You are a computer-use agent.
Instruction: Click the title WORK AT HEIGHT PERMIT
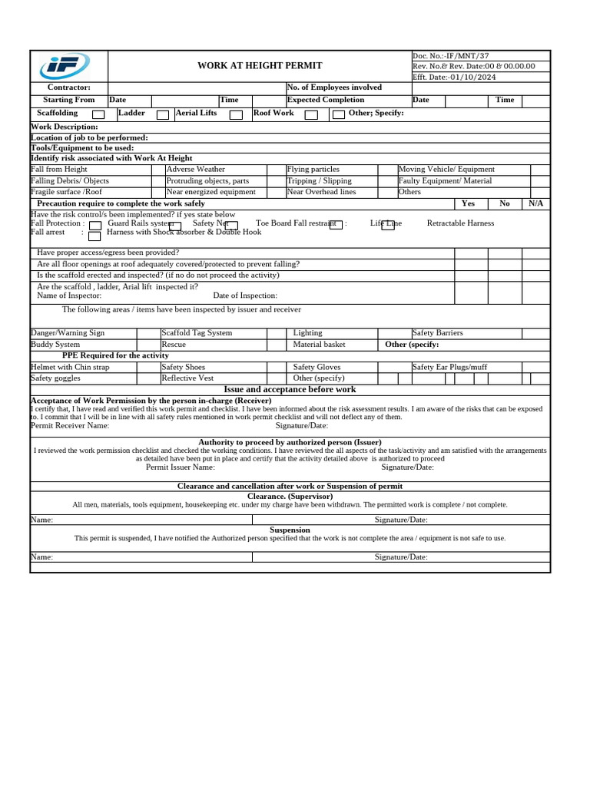[260, 66]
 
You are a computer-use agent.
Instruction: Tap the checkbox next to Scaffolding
[98, 115]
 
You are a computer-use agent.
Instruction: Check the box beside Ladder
[163, 115]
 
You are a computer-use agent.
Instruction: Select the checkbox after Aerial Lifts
[236, 115]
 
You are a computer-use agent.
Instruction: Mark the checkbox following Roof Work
[311, 115]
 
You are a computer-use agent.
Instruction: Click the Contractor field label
[69, 88]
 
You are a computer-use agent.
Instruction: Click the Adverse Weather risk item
[196, 170]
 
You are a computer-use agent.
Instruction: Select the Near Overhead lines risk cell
[321, 193]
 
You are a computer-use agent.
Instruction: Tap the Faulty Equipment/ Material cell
[445, 181]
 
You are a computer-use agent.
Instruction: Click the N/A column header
[535, 204]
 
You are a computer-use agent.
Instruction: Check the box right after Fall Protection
[95, 226]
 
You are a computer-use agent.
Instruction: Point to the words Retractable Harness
[460, 223]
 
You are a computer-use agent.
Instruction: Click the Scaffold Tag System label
[197, 333]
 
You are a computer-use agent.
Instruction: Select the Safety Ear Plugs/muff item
[449, 368]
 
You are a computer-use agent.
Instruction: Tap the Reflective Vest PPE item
[187, 378]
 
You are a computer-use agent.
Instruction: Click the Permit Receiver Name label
[70, 425]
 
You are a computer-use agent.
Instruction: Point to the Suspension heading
[290, 530]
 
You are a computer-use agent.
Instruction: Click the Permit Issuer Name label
[181, 467]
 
